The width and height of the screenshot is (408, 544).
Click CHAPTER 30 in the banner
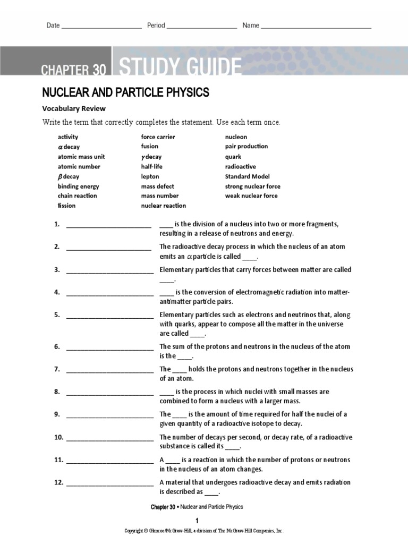pos(74,69)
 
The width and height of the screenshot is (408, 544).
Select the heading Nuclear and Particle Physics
pos(125,93)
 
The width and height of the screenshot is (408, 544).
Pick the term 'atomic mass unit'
pos(81,157)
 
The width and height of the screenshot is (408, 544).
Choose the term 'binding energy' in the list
pos(78,186)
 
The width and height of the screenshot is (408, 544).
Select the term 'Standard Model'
pos(247,176)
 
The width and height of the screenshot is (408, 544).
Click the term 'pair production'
pos(246,147)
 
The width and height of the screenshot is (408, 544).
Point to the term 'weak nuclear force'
pos(251,196)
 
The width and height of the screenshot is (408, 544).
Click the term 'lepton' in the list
pos(150,176)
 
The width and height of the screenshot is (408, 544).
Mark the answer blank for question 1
pos(108,226)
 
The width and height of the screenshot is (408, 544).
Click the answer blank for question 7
pos(109,370)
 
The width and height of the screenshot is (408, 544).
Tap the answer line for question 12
pos(109,484)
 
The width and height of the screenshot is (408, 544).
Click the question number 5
pos(57,315)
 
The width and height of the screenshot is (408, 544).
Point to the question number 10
pos(58,438)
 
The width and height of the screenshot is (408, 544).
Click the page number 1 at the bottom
pos(197,520)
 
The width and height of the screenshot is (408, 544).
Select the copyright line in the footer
pos(204,531)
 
